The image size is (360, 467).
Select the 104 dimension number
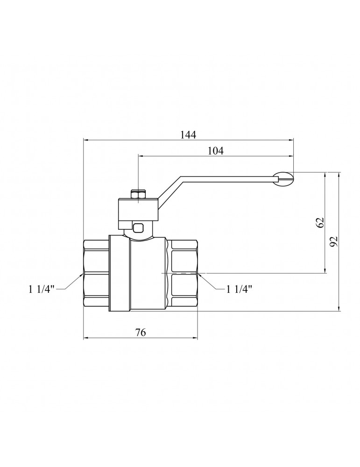(215, 151)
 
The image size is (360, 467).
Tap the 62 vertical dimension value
(320, 222)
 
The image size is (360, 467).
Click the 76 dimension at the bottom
(141, 332)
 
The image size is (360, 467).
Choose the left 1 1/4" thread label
(42, 289)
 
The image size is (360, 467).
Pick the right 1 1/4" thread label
(239, 289)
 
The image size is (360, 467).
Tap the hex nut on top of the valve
(138, 194)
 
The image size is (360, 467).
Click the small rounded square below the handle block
(138, 228)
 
